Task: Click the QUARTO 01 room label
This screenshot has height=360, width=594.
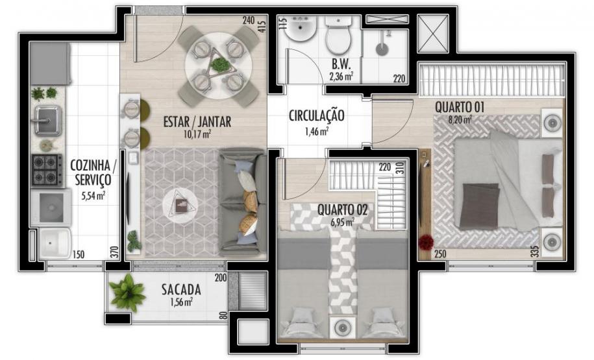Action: (461, 106)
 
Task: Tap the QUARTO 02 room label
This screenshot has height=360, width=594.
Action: (343, 210)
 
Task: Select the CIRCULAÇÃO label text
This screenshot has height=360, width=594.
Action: (316, 117)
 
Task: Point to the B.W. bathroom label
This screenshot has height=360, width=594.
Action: (341, 64)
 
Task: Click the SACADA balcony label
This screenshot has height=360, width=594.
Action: (181, 289)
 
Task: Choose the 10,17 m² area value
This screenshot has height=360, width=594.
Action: (197, 134)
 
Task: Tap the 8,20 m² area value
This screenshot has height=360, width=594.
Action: (460, 119)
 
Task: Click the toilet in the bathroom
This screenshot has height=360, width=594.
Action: (338, 37)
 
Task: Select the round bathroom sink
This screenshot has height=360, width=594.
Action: (300, 29)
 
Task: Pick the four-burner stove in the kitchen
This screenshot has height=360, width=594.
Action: (47, 170)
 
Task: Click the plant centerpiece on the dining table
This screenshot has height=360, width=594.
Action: (220, 64)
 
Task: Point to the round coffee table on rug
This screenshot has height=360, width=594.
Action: (180, 206)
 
